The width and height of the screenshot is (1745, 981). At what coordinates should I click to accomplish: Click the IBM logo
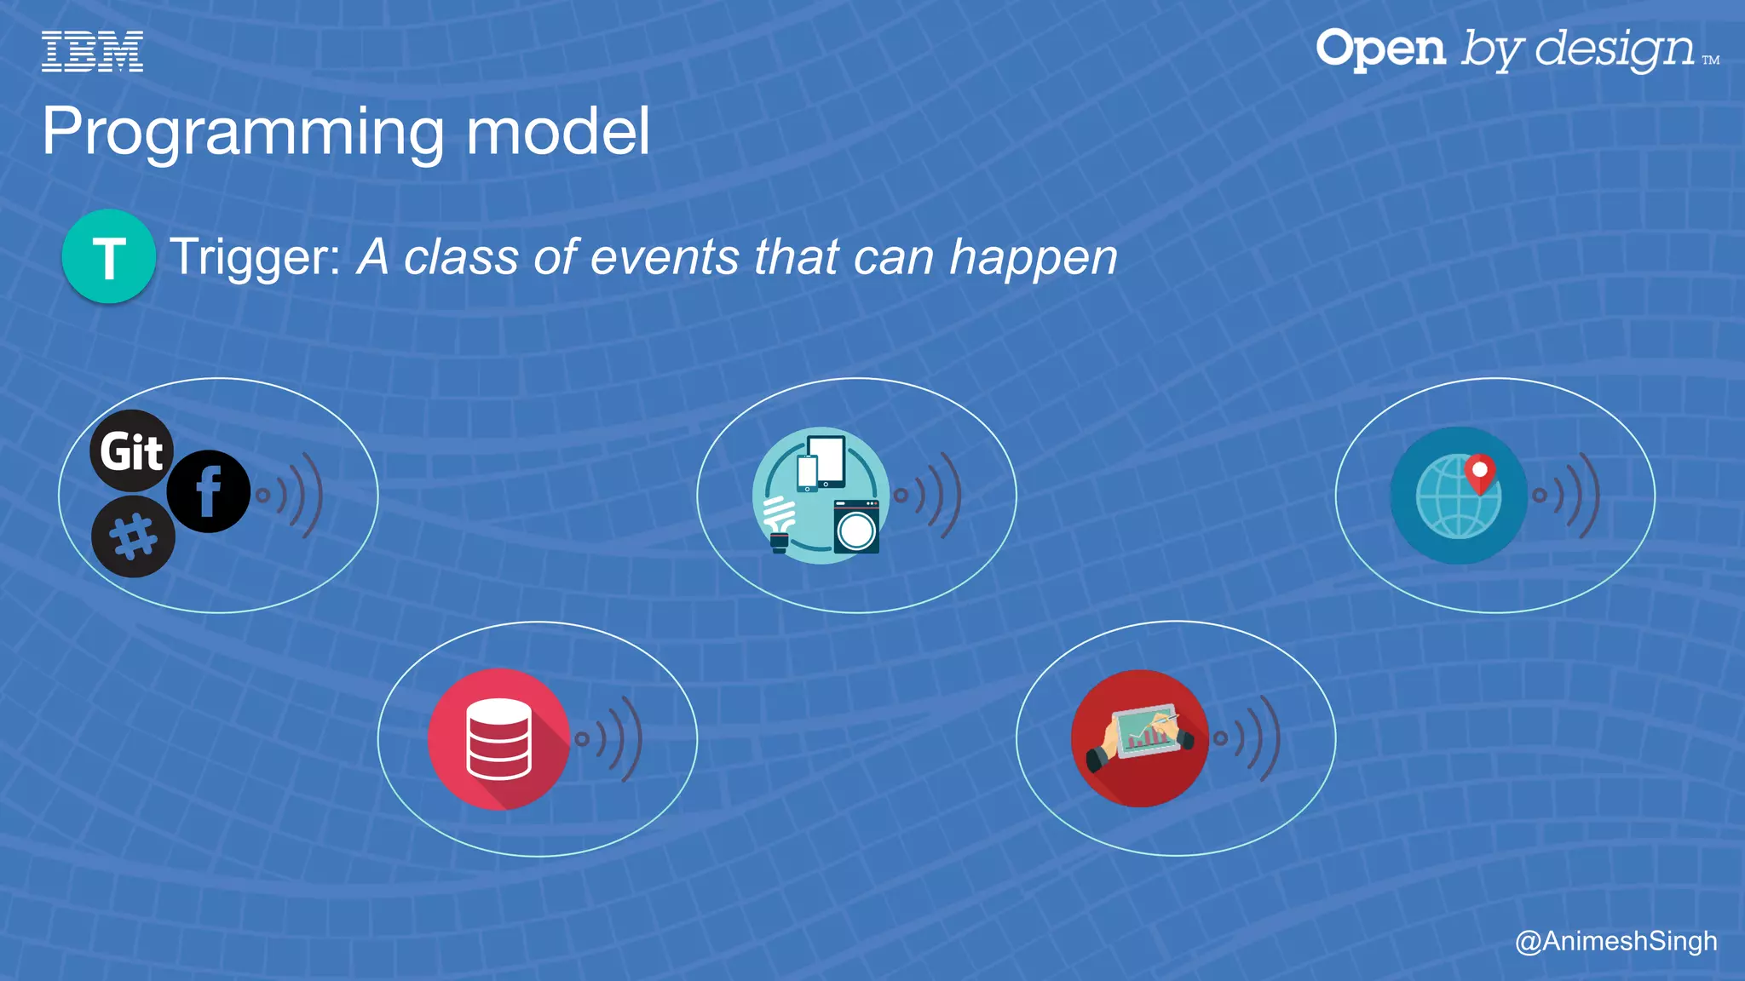pos(92,51)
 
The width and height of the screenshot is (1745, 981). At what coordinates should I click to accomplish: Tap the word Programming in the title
pos(242,132)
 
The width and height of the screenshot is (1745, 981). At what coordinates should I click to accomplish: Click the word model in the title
pos(558,132)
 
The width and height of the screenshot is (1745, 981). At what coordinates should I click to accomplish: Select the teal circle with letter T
pos(108,256)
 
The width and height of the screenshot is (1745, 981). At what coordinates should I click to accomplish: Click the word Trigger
pos(254,257)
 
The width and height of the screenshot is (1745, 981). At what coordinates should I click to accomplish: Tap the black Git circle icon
pos(131,450)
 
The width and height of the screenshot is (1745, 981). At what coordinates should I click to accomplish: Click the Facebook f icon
pos(208,491)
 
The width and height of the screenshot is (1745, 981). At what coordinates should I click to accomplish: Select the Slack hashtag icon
pos(134,537)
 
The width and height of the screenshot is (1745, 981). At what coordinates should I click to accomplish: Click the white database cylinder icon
pos(498,738)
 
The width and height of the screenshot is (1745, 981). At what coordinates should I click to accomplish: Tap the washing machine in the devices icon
pos(855,527)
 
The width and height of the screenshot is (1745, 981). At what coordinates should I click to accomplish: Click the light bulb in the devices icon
pos(779,525)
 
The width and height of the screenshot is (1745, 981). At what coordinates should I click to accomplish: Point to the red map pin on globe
pos(1480,473)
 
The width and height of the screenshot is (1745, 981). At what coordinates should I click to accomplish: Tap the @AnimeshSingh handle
pos(1615,941)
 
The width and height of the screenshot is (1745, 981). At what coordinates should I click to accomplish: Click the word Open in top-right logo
pos(1380,49)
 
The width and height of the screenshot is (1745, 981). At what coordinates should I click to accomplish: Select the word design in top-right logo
pos(1615,49)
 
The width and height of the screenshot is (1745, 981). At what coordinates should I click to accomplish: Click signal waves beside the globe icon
pos(1570,495)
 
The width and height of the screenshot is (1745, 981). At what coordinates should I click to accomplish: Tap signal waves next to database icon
pos(612,738)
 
